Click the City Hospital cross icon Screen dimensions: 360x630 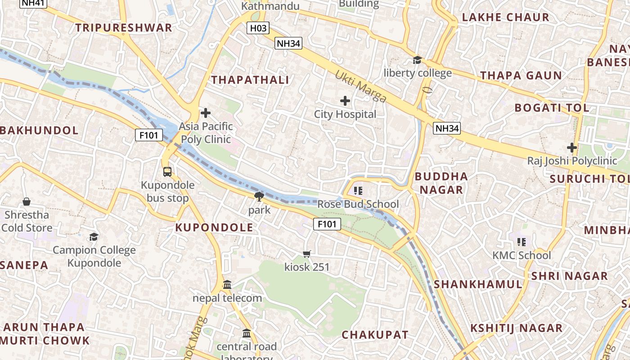pos(345,101)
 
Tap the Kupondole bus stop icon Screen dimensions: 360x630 pos(167,171)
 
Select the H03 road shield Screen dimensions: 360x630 pos(258,28)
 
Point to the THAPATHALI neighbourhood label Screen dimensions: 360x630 pos(250,80)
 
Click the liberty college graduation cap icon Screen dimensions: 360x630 pos(417,60)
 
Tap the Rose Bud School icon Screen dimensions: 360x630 pos(358,191)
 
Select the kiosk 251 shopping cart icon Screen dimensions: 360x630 pos(307,254)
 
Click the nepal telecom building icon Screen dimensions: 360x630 pos(227,285)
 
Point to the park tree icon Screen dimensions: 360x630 pos(259,196)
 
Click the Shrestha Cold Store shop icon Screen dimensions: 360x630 pos(27,202)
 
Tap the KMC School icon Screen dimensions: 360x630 pos(522,242)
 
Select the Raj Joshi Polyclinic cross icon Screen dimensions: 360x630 pos(572,147)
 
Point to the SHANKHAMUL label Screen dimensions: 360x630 pos(478,284)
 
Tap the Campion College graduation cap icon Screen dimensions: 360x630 pos(94,237)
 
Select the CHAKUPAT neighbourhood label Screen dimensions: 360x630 pos(375,335)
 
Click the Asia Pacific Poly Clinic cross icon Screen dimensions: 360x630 pos(206,112)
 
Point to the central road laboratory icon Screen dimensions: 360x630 pos(247,333)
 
